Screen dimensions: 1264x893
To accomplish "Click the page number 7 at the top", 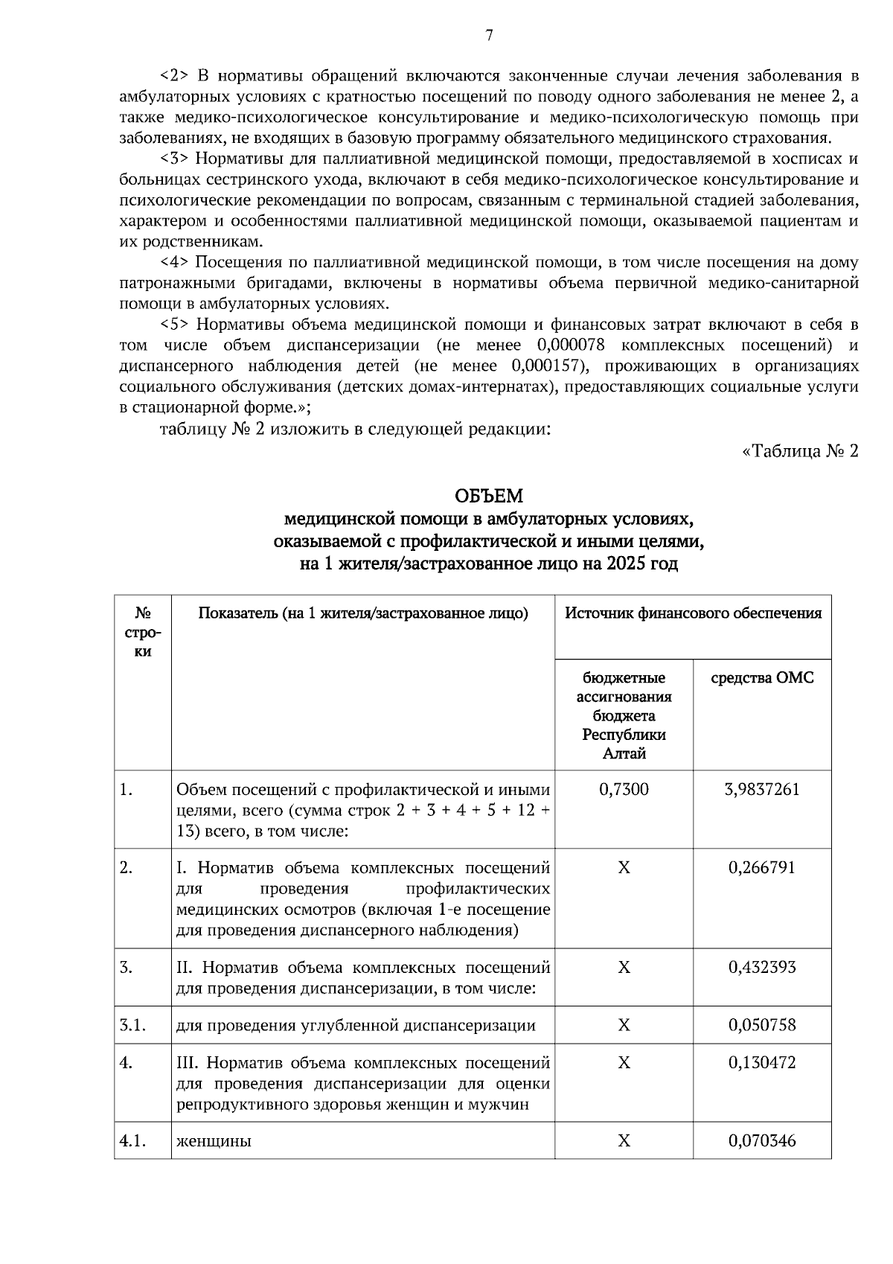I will pos(489,35).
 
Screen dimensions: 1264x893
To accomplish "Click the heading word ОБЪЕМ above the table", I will pos(489,496).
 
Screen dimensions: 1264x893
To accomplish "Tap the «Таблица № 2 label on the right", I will pos(801,451).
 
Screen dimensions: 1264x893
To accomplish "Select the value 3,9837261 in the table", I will pos(762,789).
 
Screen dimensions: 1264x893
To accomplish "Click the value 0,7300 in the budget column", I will pos(624,789).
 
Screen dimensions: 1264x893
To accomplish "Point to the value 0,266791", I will pos(762,868).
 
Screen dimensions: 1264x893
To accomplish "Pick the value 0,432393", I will pos(762,968).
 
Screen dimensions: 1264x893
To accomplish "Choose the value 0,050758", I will pos(762,1025).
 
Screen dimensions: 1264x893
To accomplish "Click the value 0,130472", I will pos(762,1062).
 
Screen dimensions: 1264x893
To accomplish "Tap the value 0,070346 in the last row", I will pos(762,1140).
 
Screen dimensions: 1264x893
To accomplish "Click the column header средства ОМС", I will pos(762,678).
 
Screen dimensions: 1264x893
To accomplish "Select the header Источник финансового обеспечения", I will pos(693,613).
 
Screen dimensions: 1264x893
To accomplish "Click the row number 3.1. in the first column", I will pos(132,1025).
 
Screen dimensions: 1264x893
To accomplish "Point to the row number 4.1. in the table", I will pos(132,1140).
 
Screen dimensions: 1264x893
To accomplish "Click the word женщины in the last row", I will pos(214,1140).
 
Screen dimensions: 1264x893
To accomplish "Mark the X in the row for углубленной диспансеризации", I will pos(624,1025).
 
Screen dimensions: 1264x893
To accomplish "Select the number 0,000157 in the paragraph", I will pos(547,366).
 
